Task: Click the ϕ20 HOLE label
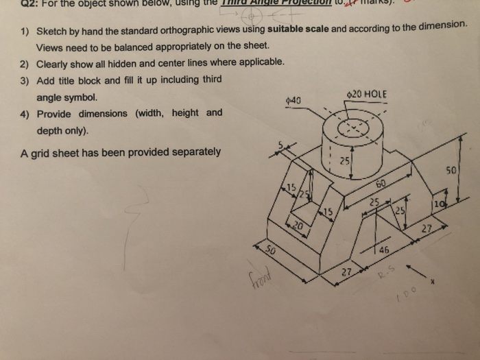pos(368,94)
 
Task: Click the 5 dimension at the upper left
pos(280,145)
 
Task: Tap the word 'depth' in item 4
pos(52,130)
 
